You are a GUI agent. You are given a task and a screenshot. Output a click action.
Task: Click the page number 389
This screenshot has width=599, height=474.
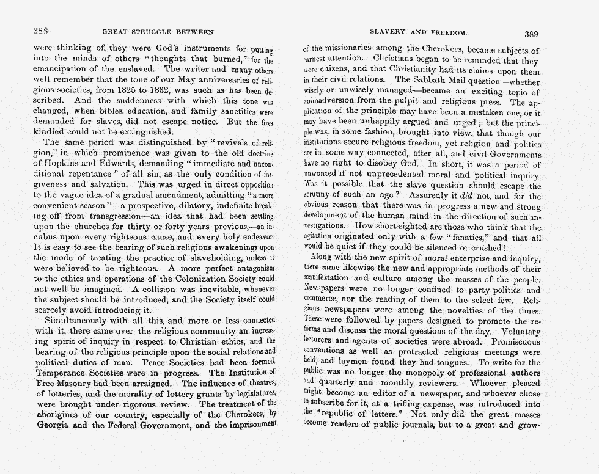pos(531,34)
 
